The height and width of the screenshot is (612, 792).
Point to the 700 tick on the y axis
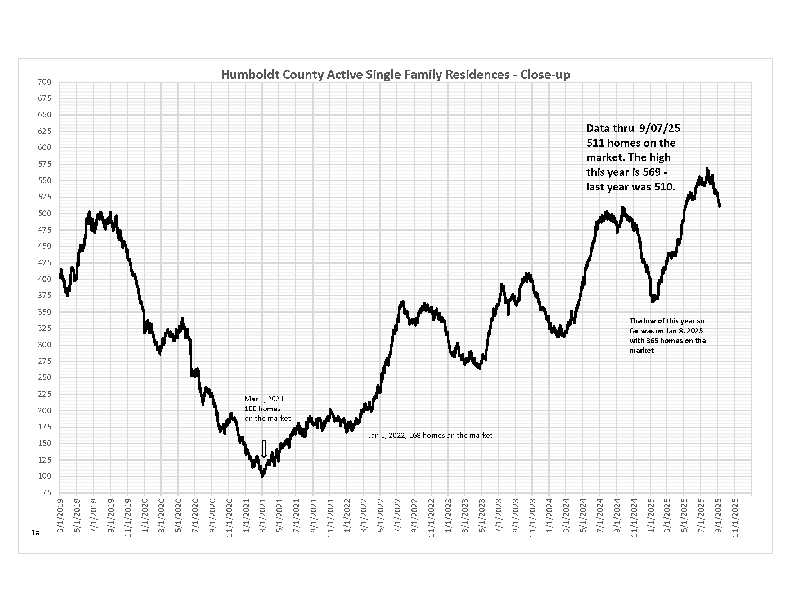pyautogui.click(x=45, y=82)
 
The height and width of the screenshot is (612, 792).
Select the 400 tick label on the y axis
pyautogui.click(x=45, y=279)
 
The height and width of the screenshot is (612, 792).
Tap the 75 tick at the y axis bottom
pyautogui.click(x=46, y=492)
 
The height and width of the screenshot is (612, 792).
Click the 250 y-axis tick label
pyautogui.click(x=45, y=377)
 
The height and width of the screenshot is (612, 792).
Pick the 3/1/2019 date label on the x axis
pyautogui.click(x=60, y=515)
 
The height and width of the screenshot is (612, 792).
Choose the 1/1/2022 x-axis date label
pyautogui.click(x=347, y=515)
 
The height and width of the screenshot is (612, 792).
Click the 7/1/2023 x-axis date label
pyautogui.click(x=499, y=515)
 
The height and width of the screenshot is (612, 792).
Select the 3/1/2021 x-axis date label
pyautogui.click(x=263, y=515)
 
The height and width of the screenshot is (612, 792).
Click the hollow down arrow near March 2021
pyautogui.click(x=264, y=449)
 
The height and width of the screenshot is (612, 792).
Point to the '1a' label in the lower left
pyautogui.click(x=35, y=532)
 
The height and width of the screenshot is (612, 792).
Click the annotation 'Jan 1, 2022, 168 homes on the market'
pyautogui.click(x=430, y=436)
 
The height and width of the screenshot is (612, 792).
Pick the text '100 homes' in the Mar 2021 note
pyautogui.click(x=262, y=409)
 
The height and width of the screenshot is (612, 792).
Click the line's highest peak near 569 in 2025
pyautogui.click(x=707, y=169)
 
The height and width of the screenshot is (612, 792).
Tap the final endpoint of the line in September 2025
pyautogui.click(x=720, y=206)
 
